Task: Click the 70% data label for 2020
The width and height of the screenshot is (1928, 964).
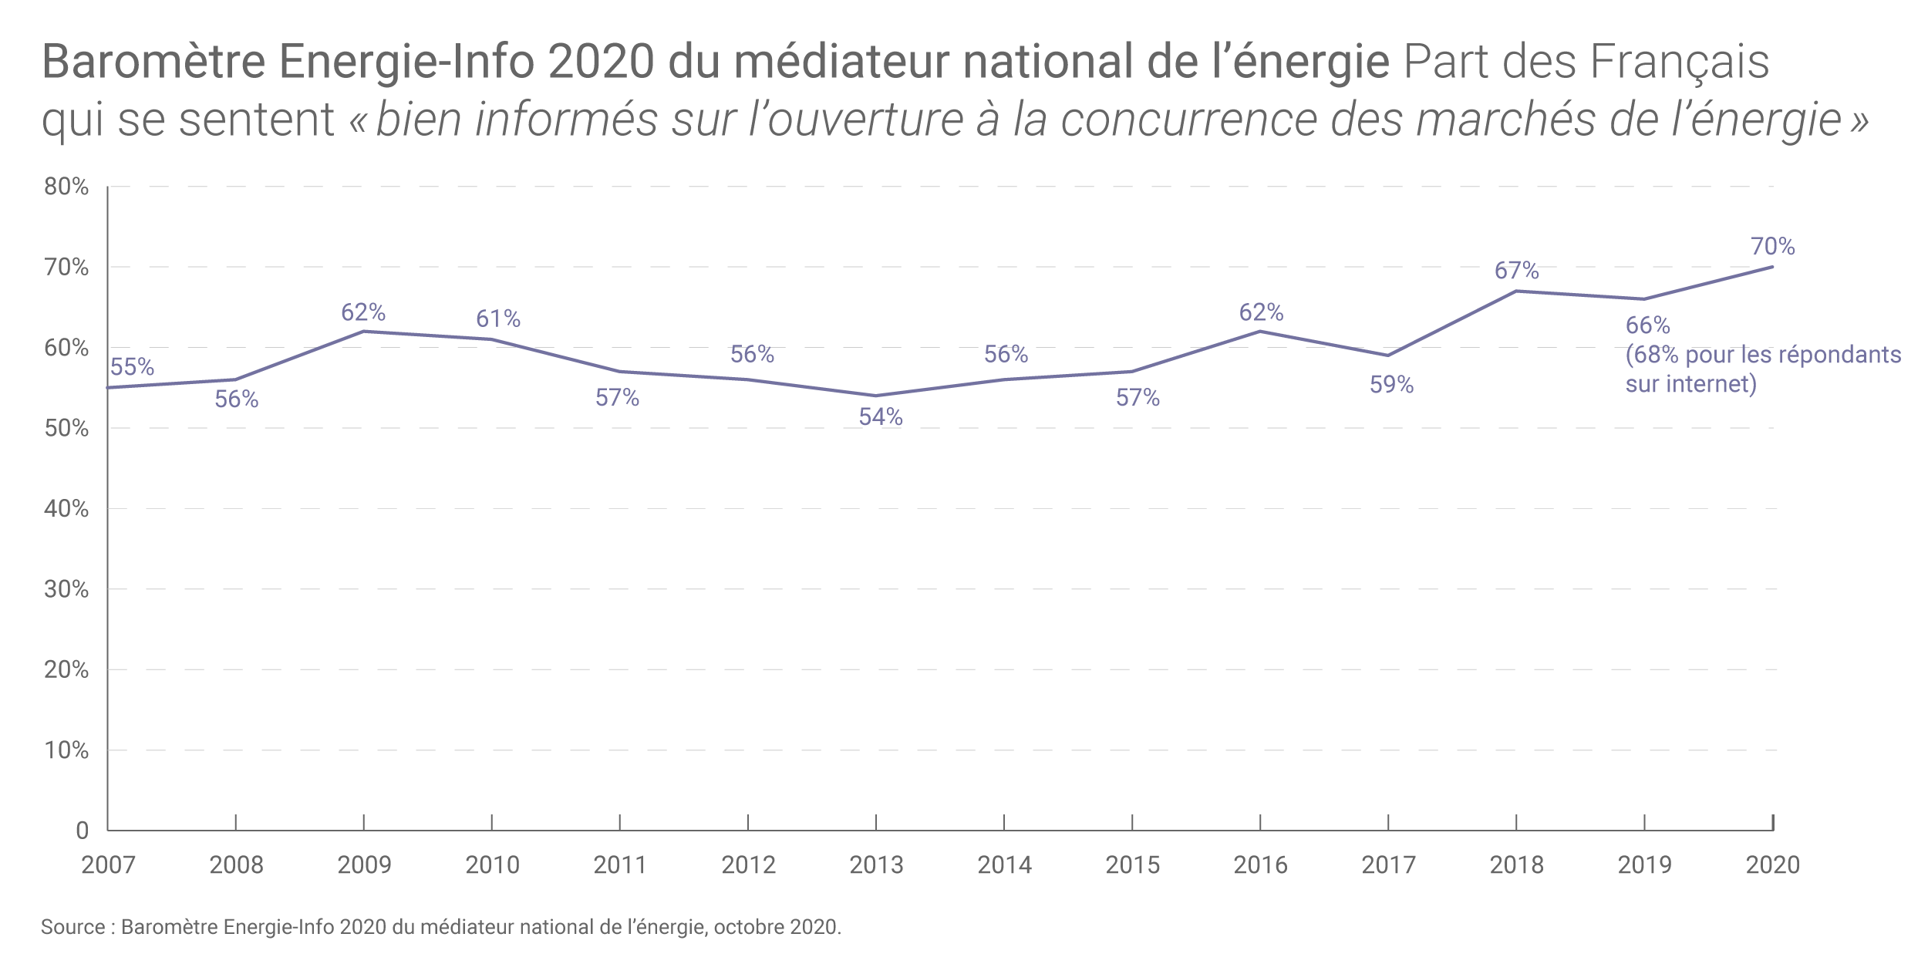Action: click(x=1772, y=247)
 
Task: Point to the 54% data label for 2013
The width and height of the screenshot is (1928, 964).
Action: click(x=881, y=417)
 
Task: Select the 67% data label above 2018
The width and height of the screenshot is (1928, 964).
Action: click(x=1516, y=271)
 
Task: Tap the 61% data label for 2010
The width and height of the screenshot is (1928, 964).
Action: click(x=498, y=319)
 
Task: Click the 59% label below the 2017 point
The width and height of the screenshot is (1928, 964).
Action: click(x=1391, y=385)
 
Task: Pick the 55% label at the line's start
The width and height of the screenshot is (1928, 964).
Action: click(x=132, y=367)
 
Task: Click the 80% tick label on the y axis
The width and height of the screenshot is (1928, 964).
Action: click(x=66, y=187)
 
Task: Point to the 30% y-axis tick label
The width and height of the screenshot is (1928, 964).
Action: click(x=66, y=589)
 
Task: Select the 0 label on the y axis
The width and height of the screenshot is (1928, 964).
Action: click(x=82, y=831)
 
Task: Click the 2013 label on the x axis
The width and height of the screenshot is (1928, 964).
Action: click(x=876, y=865)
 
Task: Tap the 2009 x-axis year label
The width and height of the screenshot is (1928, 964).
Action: click(x=364, y=865)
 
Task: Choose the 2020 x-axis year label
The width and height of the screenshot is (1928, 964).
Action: click(x=1772, y=865)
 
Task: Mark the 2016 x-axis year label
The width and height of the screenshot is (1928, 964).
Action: click(x=1260, y=865)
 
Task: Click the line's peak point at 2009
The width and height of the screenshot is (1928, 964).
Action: click(x=363, y=332)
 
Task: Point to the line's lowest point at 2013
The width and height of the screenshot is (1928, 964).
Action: click(x=875, y=396)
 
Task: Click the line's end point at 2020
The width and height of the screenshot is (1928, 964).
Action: click(x=1772, y=267)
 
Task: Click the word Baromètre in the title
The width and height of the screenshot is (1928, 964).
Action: click(x=153, y=62)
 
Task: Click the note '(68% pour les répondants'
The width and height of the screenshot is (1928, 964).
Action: click(x=1763, y=355)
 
